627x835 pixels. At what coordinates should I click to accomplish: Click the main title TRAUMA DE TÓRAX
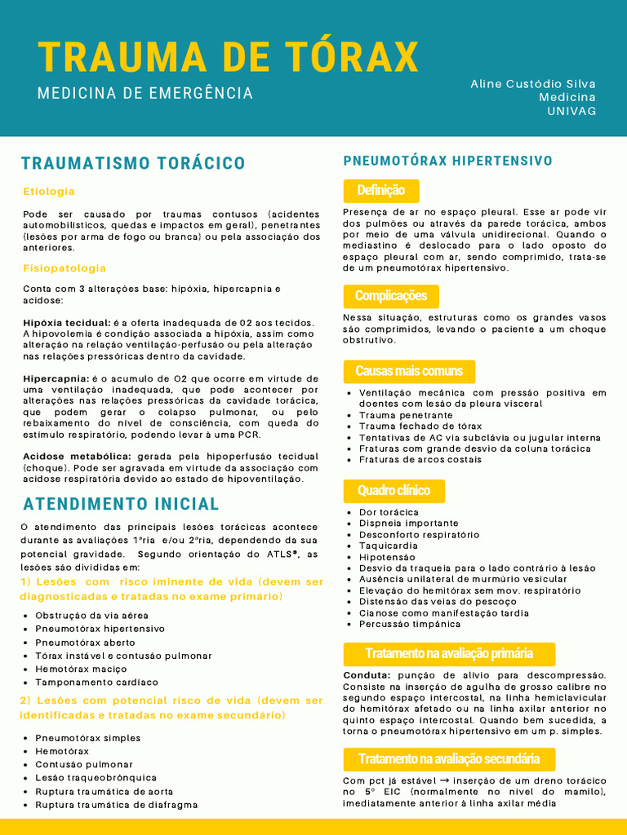click(228, 56)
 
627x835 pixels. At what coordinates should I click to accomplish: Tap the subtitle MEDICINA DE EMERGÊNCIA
click(145, 94)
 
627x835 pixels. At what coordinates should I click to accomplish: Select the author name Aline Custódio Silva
click(533, 84)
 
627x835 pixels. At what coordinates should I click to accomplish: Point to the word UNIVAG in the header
click(571, 111)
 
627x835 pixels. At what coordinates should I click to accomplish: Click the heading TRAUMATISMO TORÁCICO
click(133, 163)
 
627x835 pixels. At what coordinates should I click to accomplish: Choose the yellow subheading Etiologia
click(49, 192)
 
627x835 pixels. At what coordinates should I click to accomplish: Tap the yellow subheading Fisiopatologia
click(64, 268)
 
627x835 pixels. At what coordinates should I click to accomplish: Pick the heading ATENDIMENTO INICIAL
click(121, 504)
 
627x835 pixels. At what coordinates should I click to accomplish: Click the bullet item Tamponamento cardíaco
click(96, 683)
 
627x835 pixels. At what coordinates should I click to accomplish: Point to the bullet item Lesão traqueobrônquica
click(96, 778)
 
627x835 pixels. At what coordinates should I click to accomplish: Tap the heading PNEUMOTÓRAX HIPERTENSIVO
click(448, 161)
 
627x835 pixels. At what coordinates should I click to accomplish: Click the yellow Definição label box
click(380, 191)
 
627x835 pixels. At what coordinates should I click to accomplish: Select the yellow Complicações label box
click(391, 296)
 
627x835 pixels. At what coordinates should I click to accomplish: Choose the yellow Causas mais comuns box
click(409, 372)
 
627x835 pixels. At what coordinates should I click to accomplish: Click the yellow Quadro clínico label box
click(394, 490)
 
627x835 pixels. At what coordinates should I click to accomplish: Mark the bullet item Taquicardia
click(389, 546)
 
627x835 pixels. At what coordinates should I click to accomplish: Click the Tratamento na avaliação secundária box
click(449, 759)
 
